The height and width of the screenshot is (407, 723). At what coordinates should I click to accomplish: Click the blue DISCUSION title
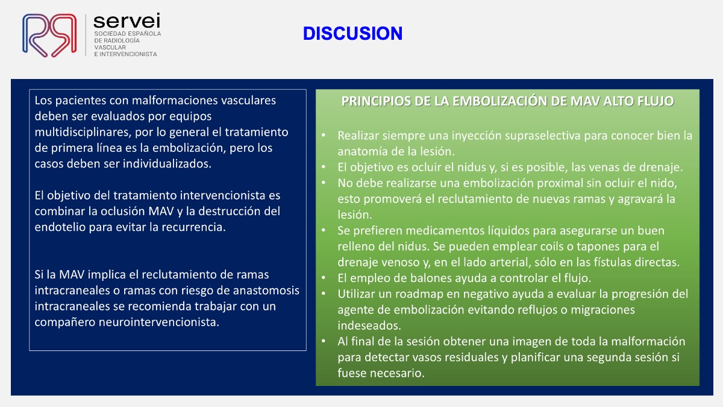(353, 33)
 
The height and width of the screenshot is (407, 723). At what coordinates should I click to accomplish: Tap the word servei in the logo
(127, 21)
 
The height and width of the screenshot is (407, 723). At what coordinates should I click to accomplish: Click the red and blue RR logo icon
(49, 35)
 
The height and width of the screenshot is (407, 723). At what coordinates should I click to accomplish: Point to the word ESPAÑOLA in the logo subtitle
(143, 34)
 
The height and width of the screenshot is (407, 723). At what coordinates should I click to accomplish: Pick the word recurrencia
(193, 227)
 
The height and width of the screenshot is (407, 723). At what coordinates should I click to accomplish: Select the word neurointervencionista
(159, 322)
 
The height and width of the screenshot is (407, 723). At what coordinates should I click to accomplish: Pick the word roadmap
(423, 294)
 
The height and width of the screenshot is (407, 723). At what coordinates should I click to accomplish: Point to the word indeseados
(369, 325)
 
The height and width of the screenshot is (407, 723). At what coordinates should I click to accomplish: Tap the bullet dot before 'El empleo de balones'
(324, 277)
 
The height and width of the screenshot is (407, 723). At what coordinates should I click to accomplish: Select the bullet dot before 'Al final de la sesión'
(324, 341)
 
